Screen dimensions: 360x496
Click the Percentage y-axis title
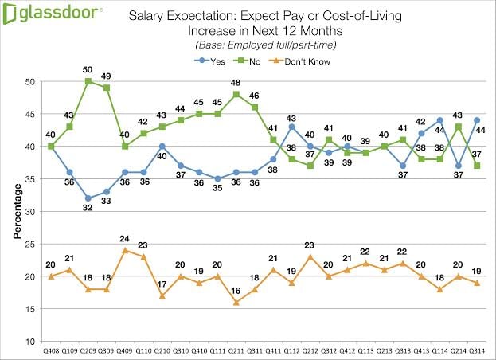15,211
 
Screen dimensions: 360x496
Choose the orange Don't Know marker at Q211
236,303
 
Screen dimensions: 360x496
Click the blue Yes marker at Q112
292,127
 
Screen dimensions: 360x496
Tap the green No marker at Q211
236,94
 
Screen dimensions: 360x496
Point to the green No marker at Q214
459,127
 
